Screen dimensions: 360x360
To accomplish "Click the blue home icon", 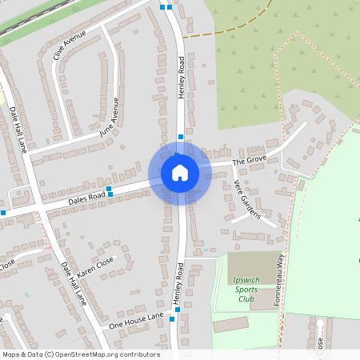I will pos(179,173).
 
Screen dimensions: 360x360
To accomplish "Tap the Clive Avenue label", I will pos(69,46).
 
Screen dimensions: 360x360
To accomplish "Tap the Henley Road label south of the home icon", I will pos(179,282).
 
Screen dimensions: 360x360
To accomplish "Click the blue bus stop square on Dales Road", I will pos(110,193).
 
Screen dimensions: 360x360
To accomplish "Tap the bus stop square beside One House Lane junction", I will pos(178,308).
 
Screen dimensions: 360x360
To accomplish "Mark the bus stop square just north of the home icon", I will pos(181,137).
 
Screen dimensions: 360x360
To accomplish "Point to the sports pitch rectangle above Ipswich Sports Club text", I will pos(249,263).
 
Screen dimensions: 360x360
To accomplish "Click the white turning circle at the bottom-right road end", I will pos(319,323).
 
